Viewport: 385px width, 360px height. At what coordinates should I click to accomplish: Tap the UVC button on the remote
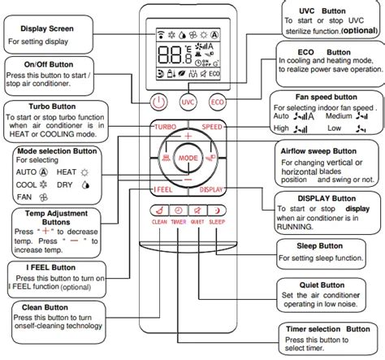tap(188, 102)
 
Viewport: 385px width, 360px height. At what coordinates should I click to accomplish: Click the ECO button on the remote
tap(217, 102)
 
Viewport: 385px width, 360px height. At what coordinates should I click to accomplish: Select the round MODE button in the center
tap(188, 156)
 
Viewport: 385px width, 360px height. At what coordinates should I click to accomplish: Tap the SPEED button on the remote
tap(213, 128)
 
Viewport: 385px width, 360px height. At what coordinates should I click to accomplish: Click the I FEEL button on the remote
tap(163, 189)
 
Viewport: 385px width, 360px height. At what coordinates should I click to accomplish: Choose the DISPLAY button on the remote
tap(213, 189)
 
